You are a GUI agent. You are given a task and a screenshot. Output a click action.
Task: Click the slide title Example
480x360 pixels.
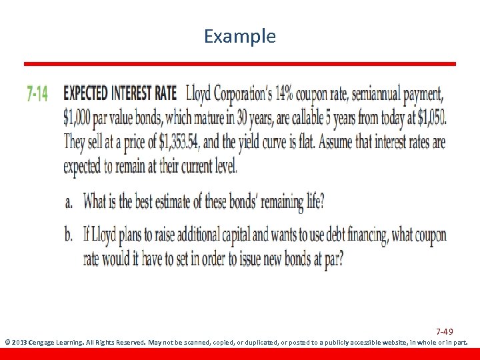pos(240,36)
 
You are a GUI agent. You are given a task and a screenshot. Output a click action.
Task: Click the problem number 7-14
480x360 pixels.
pos(38,94)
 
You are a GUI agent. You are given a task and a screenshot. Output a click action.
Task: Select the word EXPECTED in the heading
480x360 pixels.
pos(87,93)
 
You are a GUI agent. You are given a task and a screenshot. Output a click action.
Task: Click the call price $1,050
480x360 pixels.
pos(431,118)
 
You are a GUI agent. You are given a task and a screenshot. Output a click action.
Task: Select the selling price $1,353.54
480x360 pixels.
pos(179,143)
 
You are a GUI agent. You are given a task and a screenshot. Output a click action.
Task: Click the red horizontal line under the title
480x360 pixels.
pos(240,64)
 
